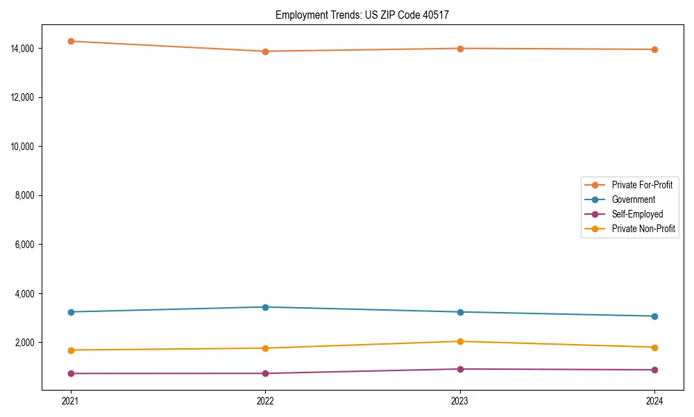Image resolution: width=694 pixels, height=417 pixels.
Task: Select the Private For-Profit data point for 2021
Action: pyautogui.click(x=70, y=41)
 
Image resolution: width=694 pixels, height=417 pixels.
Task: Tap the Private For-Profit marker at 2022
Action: pyautogui.click(x=265, y=51)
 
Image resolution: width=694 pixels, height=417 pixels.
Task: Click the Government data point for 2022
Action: pyautogui.click(x=265, y=307)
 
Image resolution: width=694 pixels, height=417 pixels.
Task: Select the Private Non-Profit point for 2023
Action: pyautogui.click(x=460, y=341)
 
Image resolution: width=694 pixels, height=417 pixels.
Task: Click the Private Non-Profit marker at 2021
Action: pyautogui.click(x=70, y=350)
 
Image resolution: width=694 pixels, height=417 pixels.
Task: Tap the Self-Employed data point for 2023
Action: pyautogui.click(x=460, y=369)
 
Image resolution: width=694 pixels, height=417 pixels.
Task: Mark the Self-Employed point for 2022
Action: pyautogui.click(x=265, y=373)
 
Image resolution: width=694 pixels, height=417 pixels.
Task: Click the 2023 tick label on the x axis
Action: pyautogui.click(x=460, y=401)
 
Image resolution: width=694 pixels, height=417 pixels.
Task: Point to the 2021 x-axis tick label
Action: pyautogui.click(x=70, y=401)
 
